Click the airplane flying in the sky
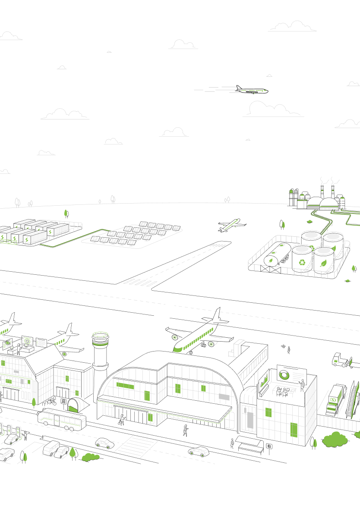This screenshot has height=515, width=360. [252, 90]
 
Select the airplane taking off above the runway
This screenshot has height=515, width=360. [232, 225]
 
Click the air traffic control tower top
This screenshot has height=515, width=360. [100, 339]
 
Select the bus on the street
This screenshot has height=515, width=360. [61, 419]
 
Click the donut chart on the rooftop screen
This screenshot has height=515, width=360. [284, 374]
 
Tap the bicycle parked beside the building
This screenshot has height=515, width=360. [51, 402]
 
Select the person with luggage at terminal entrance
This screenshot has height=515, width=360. [122, 419]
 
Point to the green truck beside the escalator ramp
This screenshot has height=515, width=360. [335, 399]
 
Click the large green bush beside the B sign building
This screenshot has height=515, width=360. [335, 440]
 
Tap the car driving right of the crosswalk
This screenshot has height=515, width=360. [199, 452]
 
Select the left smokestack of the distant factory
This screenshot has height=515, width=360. [322, 192]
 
